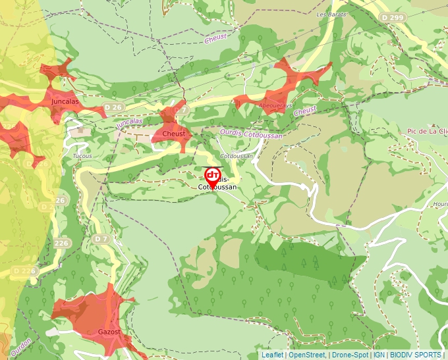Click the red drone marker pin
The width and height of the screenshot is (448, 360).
click(x=212, y=177)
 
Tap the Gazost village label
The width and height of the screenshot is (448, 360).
click(x=109, y=332)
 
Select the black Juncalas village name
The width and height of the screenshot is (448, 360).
click(x=65, y=102)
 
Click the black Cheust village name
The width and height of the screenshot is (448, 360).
click(x=173, y=134)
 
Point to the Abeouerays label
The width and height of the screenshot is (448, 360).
click(x=277, y=105)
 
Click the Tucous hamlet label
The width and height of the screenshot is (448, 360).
click(x=82, y=156)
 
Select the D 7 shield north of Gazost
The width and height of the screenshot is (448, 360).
click(x=101, y=238)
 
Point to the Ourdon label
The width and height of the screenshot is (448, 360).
click(x=21, y=346)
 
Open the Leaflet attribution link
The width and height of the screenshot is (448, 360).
click(x=271, y=355)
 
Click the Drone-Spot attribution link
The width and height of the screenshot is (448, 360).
click(x=350, y=355)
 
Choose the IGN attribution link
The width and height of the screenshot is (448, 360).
click(x=379, y=355)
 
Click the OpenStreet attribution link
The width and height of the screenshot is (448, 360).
click(x=308, y=355)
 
